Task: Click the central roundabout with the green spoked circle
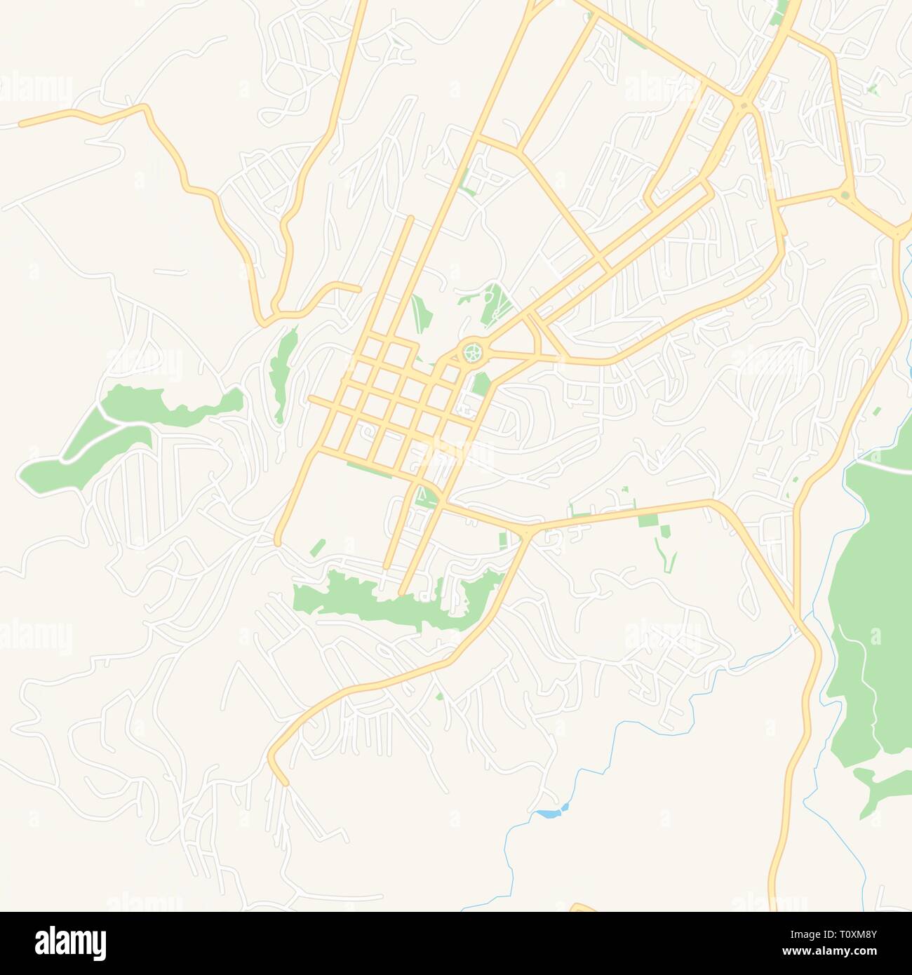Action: (x=473, y=350)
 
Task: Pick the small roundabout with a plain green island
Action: (x=844, y=196)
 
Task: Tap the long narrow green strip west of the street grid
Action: (x=283, y=372)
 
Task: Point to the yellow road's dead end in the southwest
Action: (x=283, y=781)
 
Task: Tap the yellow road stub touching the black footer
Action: (x=583, y=908)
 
